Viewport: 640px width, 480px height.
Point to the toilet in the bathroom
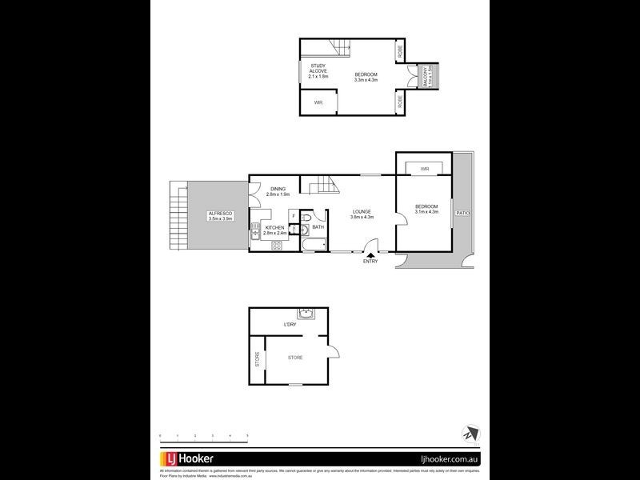point(315,216)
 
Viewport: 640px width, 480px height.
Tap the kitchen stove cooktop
point(276,245)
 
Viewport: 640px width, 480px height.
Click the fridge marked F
point(294,216)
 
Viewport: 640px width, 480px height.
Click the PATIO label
point(462,214)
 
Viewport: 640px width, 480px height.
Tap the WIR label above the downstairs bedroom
point(425,169)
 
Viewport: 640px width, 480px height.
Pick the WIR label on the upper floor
point(318,102)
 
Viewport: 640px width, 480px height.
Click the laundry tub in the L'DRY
point(306,314)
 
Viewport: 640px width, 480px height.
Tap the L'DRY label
point(290,326)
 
